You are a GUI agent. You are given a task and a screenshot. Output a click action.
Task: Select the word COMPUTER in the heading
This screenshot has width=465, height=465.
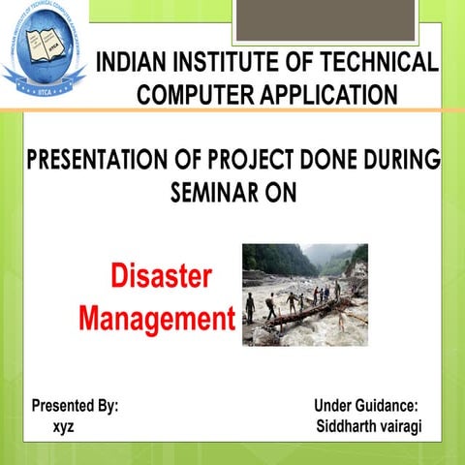(193, 94)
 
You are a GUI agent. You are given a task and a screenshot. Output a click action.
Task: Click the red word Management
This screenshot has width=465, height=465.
(157, 317)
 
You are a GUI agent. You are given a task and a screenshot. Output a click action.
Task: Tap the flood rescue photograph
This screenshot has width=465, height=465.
(304, 294)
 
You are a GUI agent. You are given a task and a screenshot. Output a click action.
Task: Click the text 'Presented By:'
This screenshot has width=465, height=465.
(76, 406)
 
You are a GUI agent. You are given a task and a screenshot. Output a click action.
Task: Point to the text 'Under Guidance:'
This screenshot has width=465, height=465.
(366, 406)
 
